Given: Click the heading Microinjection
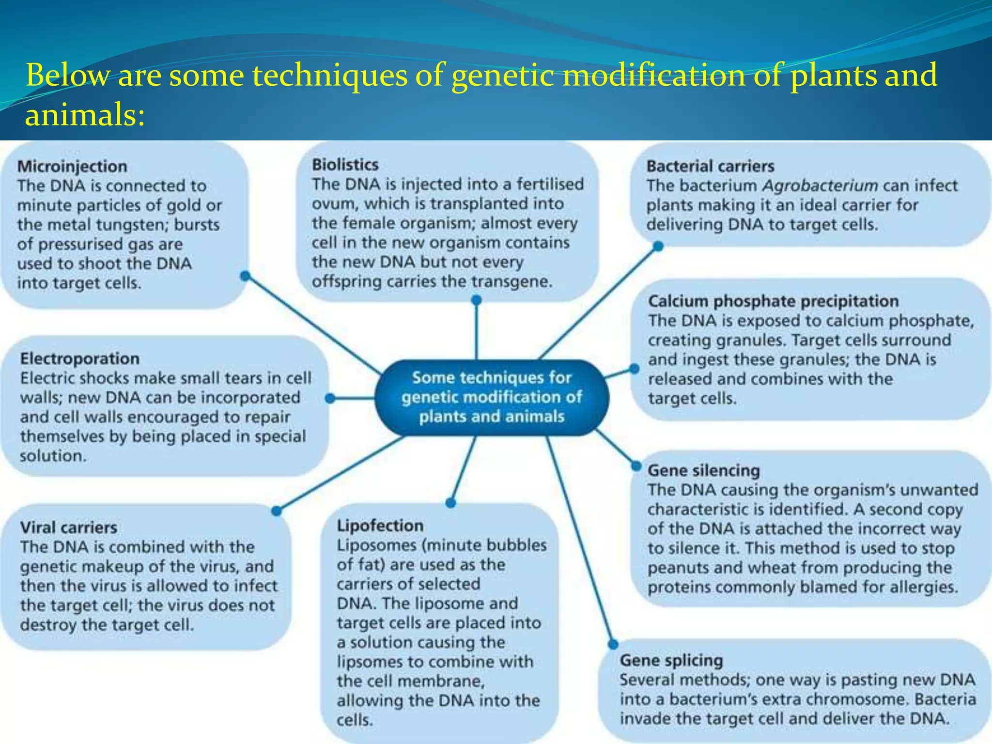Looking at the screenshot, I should [72, 166].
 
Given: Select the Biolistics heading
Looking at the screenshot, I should [345, 165].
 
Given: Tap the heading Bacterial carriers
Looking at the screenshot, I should [710, 166].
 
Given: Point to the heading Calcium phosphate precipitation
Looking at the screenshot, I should [773, 301].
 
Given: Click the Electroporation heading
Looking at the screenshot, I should [80, 358].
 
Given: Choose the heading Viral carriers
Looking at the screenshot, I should [69, 527].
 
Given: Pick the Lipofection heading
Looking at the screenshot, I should [380, 526].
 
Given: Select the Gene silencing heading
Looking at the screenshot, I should [703, 470].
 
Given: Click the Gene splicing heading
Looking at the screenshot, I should [671, 660].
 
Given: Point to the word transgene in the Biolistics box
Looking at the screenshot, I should [515, 281].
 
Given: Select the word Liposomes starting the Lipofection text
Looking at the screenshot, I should [376, 545].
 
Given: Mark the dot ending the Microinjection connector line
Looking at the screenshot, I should [245, 276].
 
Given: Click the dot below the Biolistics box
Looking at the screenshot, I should [476, 300].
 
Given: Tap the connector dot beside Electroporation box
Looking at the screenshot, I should [330, 399].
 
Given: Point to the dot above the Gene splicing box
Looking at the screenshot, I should [613, 644].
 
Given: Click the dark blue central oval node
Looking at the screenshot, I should [491, 397].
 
